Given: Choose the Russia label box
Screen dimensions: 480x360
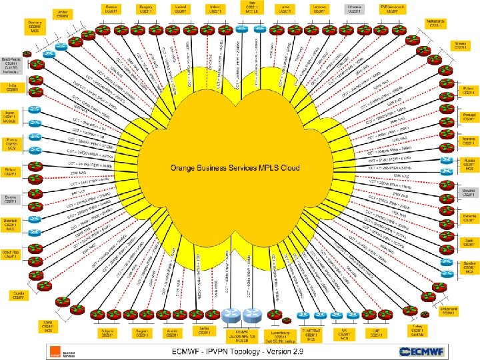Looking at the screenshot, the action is pyautogui.click(x=468, y=164).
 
